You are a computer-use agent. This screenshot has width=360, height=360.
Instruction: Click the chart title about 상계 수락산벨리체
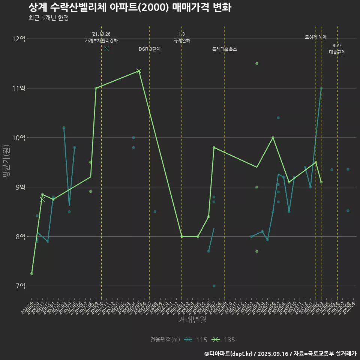(129, 7)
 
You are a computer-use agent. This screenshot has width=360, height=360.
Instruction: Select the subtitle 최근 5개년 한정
(48, 18)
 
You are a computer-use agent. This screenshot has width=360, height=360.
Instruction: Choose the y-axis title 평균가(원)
(6, 162)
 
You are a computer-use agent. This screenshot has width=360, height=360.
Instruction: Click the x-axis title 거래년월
(192, 320)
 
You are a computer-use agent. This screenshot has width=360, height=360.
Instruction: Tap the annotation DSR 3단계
(150, 49)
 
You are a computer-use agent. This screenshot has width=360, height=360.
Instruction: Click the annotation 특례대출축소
(225, 49)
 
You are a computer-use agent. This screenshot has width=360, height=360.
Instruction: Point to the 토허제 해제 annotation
(316, 37)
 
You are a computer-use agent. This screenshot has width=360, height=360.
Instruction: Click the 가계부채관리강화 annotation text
(101, 40)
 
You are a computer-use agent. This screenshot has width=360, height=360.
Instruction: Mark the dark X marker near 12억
(107, 48)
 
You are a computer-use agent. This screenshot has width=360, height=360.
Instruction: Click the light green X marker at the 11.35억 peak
(139, 71)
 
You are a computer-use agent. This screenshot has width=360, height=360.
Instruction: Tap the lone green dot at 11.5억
(257, 63)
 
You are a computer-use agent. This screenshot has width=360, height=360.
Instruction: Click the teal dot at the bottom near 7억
(214, 286)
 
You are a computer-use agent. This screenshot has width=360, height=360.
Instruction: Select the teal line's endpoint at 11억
(321, 88)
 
